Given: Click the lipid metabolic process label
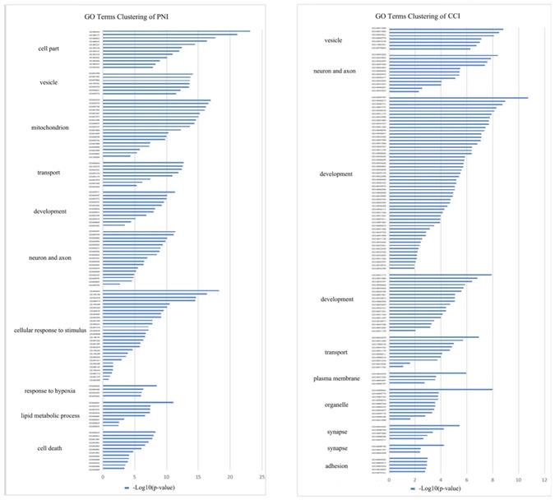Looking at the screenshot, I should (50, 415).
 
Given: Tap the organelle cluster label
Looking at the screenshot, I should (334, 405).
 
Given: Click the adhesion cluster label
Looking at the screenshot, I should (337, 465).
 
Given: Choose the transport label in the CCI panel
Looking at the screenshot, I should (335, 352).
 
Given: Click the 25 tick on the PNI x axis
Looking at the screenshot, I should (262, 476).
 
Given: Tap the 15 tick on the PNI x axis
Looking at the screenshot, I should (198, 476).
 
